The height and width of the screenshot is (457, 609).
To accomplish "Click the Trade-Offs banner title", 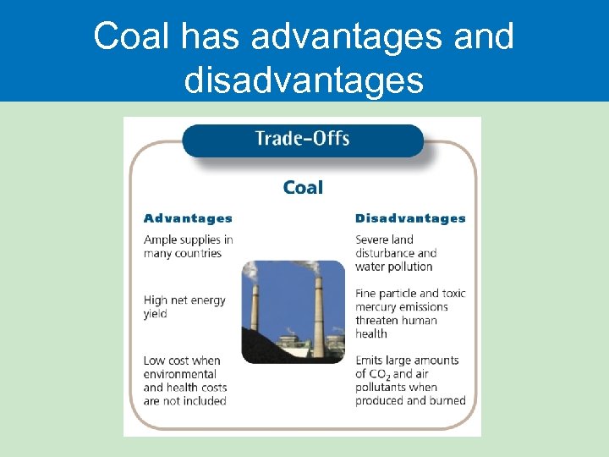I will [x=302, y=138].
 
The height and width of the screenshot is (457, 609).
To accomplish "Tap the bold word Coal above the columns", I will [x=303, y=188].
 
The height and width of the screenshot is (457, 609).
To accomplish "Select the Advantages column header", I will [x=188, y=218].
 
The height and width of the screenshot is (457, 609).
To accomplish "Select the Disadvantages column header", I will [x=410, y=218].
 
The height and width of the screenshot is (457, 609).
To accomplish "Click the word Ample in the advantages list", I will [x=161, y=240].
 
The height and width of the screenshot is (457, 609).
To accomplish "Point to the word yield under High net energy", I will [x=156, y=314].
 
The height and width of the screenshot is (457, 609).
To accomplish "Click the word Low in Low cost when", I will [x=155, y=361].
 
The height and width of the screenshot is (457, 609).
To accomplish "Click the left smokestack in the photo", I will [x=254, y=313].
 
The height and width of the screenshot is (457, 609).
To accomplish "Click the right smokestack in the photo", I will [x=318, y=313].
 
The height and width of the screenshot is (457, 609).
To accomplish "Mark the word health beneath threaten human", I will [x=372, y=333].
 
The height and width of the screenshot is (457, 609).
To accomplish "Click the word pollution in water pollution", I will [x=410, y=267].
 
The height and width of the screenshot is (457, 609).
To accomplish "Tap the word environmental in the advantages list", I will [x=181, y=374].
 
